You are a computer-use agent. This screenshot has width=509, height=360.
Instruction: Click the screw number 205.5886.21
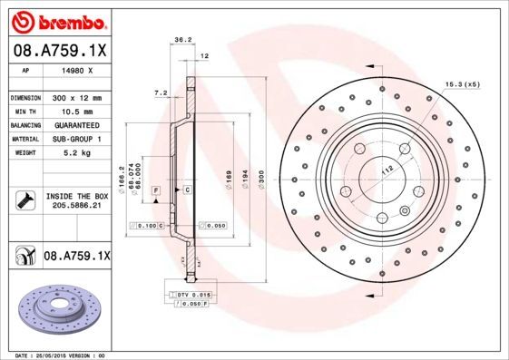click(76, 207)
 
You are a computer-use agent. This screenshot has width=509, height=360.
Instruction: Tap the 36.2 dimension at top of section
click(181, 40)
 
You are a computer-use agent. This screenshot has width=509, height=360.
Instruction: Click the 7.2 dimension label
click(162, 92)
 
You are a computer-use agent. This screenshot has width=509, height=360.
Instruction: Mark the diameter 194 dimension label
click(242, 184)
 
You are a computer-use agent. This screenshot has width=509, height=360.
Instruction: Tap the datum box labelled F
click(156, 190)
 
